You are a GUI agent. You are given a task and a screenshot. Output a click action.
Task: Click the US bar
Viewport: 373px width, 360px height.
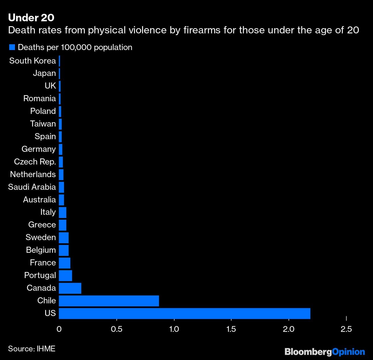184,313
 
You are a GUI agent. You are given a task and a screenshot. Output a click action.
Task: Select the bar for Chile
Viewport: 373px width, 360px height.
109,300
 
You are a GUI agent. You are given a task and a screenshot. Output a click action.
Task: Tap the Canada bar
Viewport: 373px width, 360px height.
70,288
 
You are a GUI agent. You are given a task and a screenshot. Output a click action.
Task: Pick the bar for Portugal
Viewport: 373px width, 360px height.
65,275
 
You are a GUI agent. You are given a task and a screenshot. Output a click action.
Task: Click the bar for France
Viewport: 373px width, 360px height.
64,263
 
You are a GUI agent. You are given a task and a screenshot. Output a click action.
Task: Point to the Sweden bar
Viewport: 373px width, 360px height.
64,238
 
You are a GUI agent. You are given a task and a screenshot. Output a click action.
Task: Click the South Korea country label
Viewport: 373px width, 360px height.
33,61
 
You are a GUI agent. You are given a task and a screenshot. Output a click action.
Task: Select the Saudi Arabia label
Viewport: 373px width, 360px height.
32,187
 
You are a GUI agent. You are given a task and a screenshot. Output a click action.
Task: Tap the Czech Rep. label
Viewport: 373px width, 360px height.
35,162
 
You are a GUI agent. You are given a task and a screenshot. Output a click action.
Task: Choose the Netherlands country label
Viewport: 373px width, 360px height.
33,174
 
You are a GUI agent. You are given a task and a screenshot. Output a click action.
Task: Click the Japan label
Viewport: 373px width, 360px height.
44,73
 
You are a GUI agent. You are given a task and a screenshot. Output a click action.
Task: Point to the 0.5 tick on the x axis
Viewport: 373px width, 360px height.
117,329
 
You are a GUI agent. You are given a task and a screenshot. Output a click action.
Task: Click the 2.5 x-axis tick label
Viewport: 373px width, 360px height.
346,329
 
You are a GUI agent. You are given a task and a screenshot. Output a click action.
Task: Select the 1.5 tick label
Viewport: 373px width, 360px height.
231,329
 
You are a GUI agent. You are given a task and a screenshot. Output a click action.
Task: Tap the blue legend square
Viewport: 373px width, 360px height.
12,47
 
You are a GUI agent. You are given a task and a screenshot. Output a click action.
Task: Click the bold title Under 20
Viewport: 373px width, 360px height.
31,18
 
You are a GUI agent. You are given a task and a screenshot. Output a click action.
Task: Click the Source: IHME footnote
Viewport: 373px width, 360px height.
32,348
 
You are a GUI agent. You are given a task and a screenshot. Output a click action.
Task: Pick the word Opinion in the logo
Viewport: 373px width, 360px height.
348,352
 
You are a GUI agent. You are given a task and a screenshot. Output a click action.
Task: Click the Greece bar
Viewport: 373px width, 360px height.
62,225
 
